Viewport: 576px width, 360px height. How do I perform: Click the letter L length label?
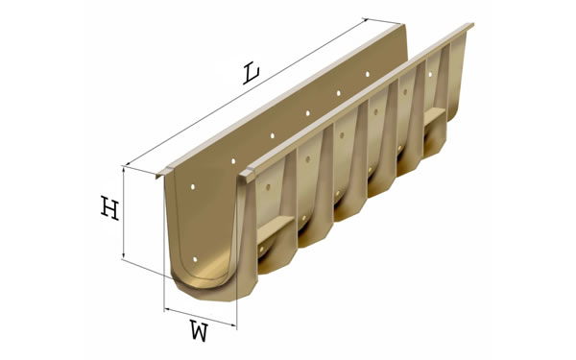(252, 74)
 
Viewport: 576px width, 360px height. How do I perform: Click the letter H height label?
(110, 208)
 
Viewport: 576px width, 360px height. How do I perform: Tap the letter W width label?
(199, 330)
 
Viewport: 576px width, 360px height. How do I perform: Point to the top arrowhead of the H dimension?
(124, 171)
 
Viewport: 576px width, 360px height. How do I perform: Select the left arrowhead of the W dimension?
(168, 310)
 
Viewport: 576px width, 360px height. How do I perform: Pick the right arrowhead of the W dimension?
(232, 324)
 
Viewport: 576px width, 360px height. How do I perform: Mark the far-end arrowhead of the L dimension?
(365, 21)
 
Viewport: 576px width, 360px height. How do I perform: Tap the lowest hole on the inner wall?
(195, 259)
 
